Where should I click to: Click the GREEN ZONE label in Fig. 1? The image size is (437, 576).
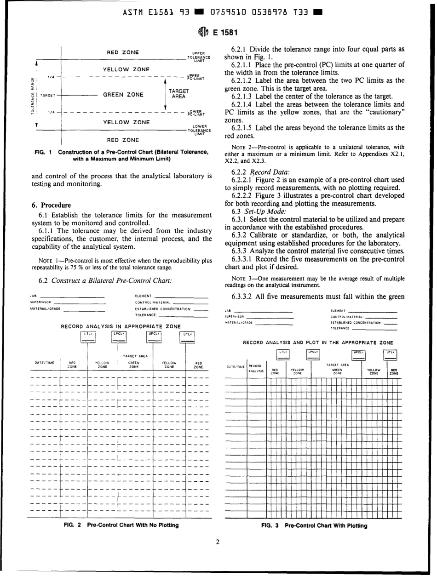point(123,96)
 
